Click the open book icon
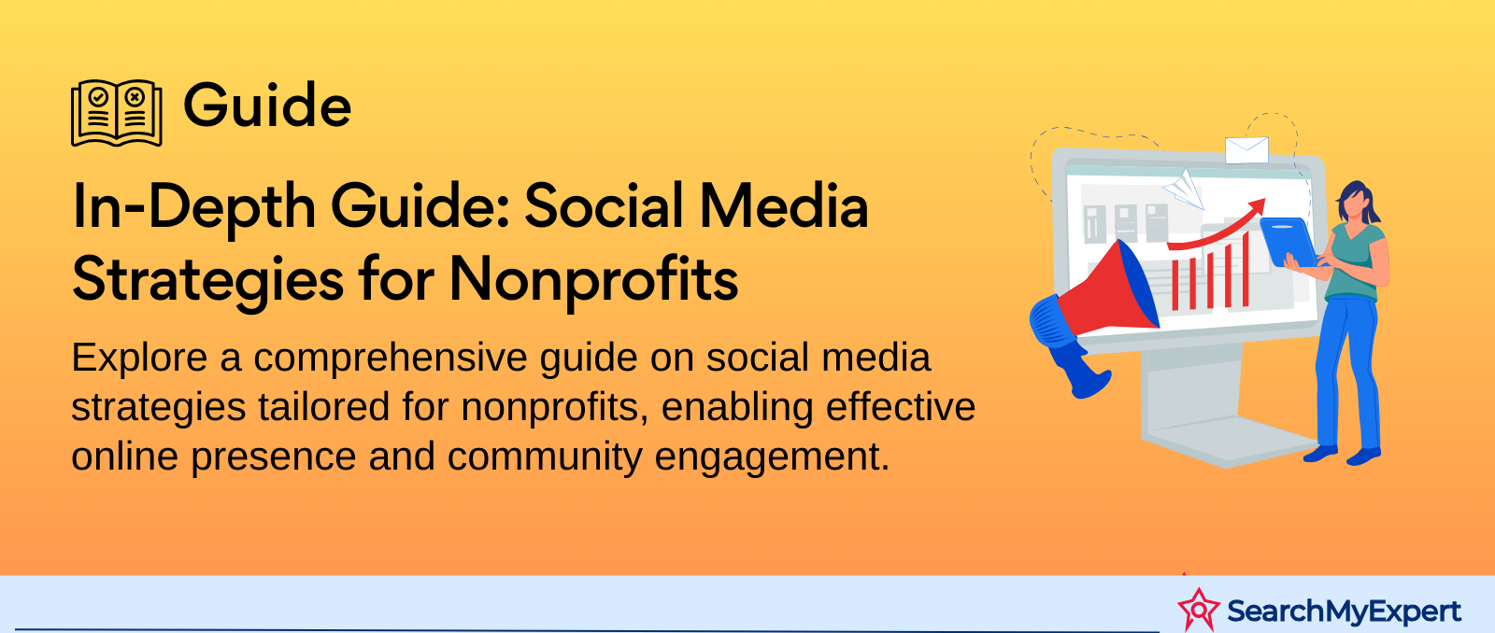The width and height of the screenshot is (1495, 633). tap(116, 113)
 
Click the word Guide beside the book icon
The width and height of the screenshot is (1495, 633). tap(267, 105)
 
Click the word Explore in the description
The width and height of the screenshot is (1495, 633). tap(139, 359)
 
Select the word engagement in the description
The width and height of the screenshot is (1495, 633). tap(772, 457)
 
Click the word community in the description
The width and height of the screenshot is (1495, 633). tap(545, 457)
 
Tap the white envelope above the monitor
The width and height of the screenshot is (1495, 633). tap(1246, 150)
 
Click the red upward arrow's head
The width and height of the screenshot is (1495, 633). tap(1256, 205)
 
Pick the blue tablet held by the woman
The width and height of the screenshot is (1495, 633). tap(1289, 243)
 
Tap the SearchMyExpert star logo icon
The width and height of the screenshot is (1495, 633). tap(1199, 610)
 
